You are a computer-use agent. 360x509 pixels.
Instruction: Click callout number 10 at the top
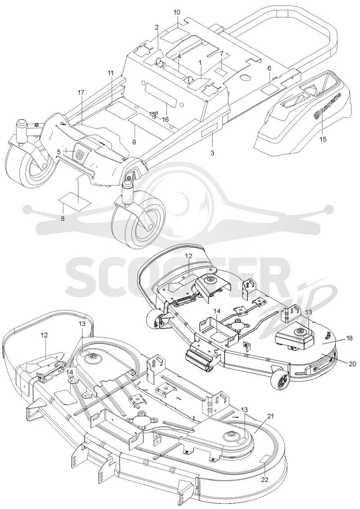click(x=177, y=13)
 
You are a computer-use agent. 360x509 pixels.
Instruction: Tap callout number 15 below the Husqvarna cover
click(x=323, y=139)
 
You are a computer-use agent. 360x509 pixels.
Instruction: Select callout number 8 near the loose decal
click(x=63, y=218)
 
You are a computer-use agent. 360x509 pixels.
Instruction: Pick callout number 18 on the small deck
click(x=349, y=338)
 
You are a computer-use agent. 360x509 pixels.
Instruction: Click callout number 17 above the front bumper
click(x=81, y=93)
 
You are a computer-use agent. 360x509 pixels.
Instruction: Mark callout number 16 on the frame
click(x=165, y=119)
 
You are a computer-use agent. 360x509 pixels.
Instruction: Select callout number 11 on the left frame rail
click(x=111, y=73)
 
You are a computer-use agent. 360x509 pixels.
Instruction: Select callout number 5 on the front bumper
click(x=59, y=152)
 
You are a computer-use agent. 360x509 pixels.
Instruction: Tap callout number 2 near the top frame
click(x=157, y=27)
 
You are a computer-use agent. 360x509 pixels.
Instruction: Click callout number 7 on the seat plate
click(x=222, y=54)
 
